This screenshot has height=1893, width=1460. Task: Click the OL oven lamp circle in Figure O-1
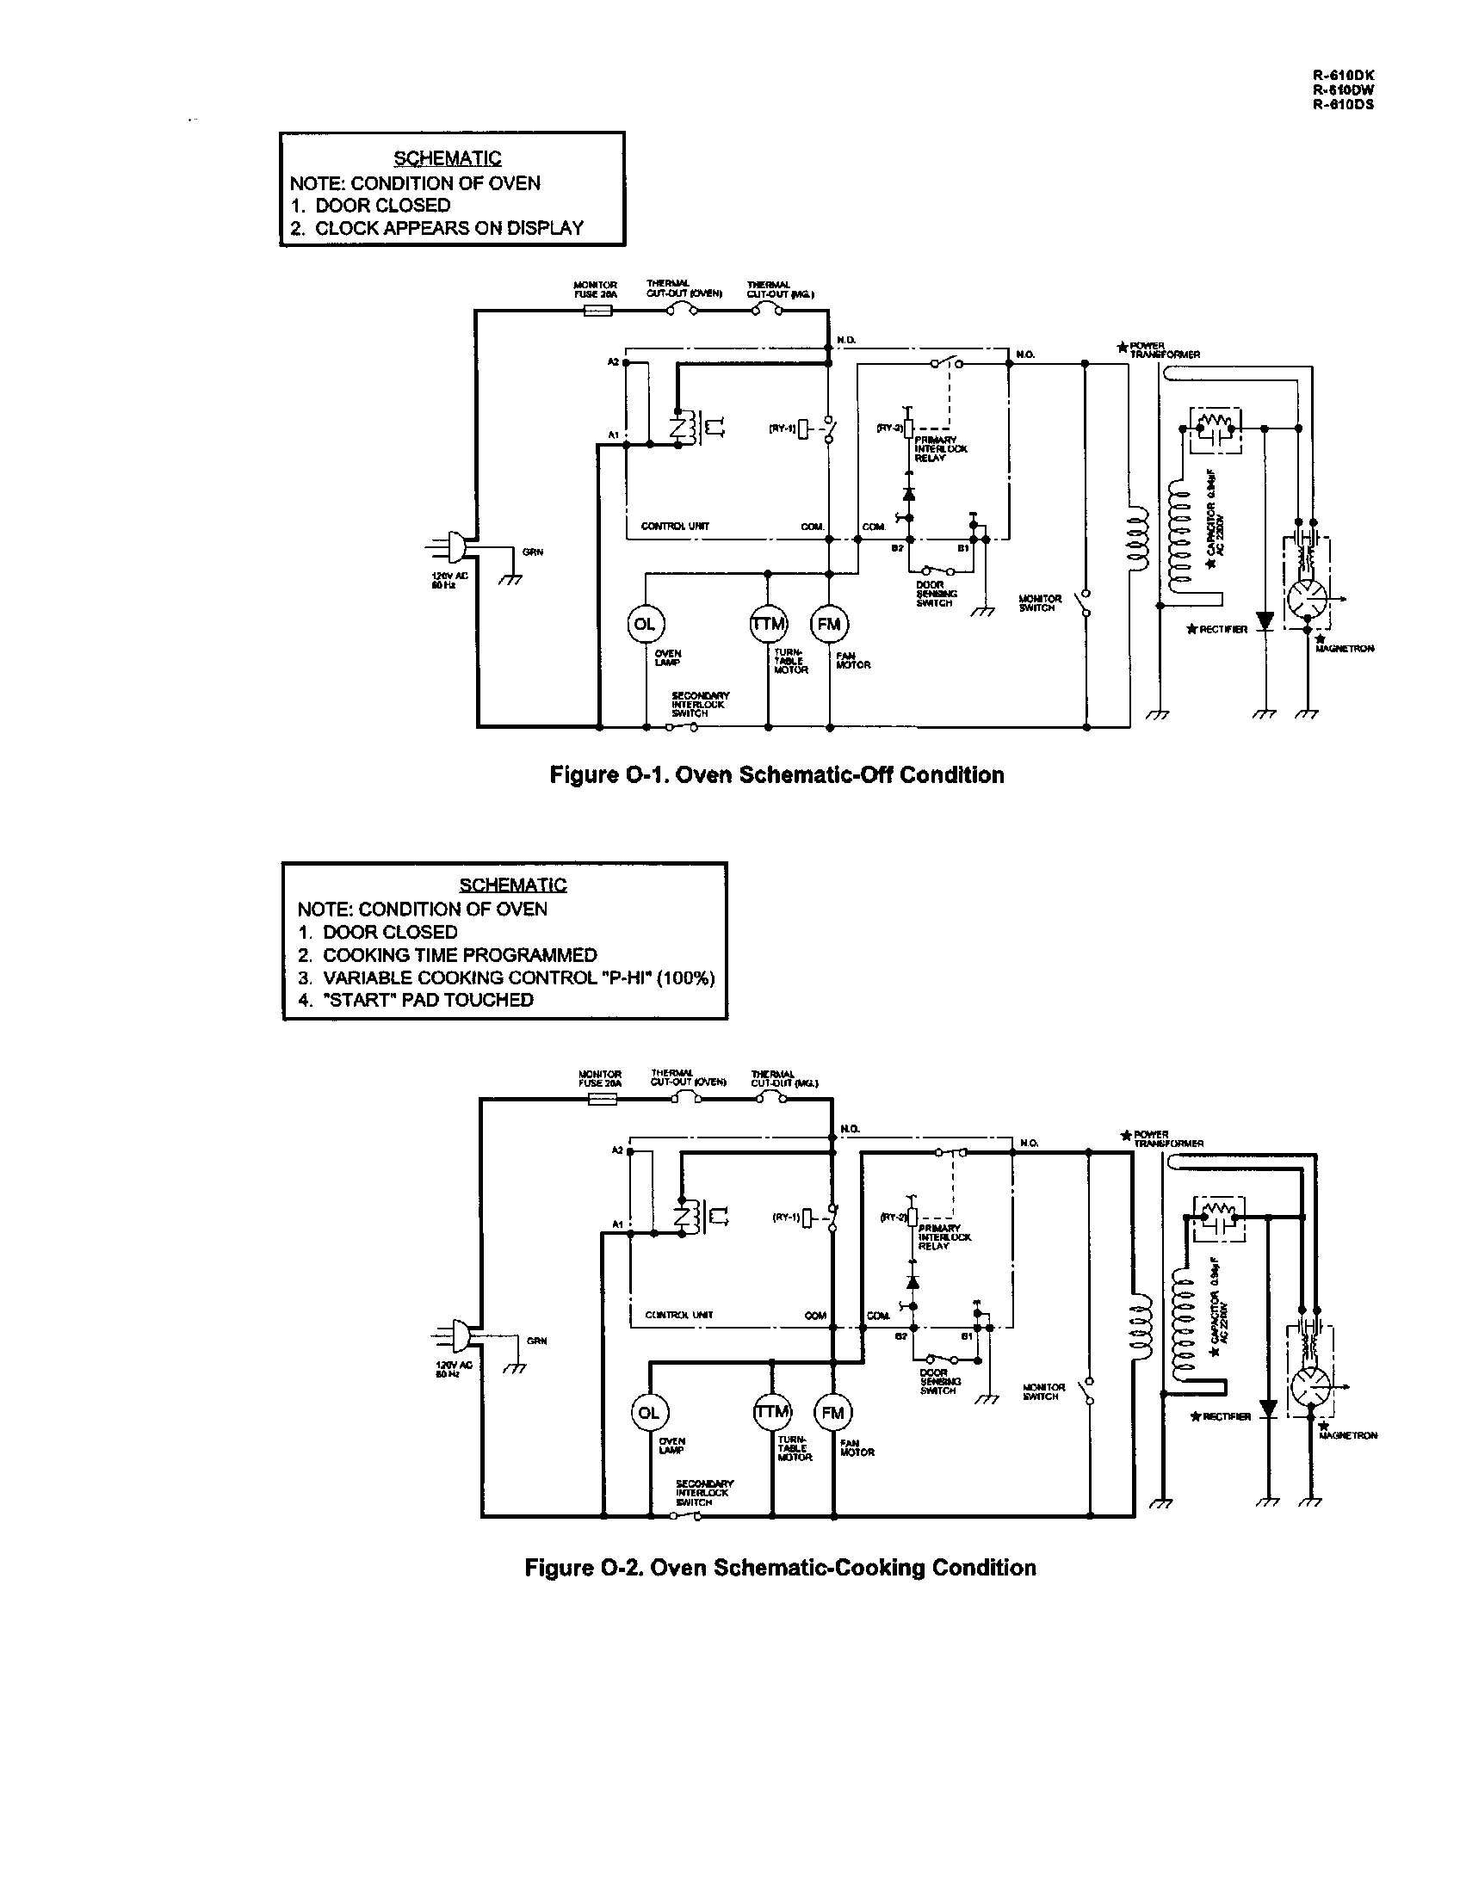click(x=644, y=624)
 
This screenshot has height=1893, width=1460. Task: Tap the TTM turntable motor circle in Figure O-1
click(x=768, y=624)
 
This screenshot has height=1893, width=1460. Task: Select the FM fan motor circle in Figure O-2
click(x=832, y=1413)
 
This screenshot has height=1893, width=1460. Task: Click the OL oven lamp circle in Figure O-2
click(x=648, y=1413)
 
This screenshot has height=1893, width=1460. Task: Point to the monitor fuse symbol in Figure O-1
click(x=597, y=311)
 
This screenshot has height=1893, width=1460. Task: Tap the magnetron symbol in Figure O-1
click(x=1305, y=598)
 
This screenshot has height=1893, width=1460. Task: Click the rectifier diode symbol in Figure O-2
click(x=1268, y=1409)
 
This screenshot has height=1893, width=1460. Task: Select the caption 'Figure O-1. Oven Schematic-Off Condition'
click(x=776, y=775)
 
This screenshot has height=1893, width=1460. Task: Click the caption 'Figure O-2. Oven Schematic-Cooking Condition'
click(x=780, y=1567)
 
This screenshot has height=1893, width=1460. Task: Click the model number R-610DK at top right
click(x=1343, y=76)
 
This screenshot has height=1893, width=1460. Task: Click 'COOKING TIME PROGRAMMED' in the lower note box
click(x=460, y=954)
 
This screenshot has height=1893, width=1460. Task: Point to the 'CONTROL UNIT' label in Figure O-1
click(x=675, y=526)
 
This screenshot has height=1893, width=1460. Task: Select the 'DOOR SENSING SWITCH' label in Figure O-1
click(x=936, y=594)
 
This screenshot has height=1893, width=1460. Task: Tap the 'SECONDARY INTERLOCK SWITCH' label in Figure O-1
click(x=701, y=704)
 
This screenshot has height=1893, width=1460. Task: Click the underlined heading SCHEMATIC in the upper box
click(x=448, y=157)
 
